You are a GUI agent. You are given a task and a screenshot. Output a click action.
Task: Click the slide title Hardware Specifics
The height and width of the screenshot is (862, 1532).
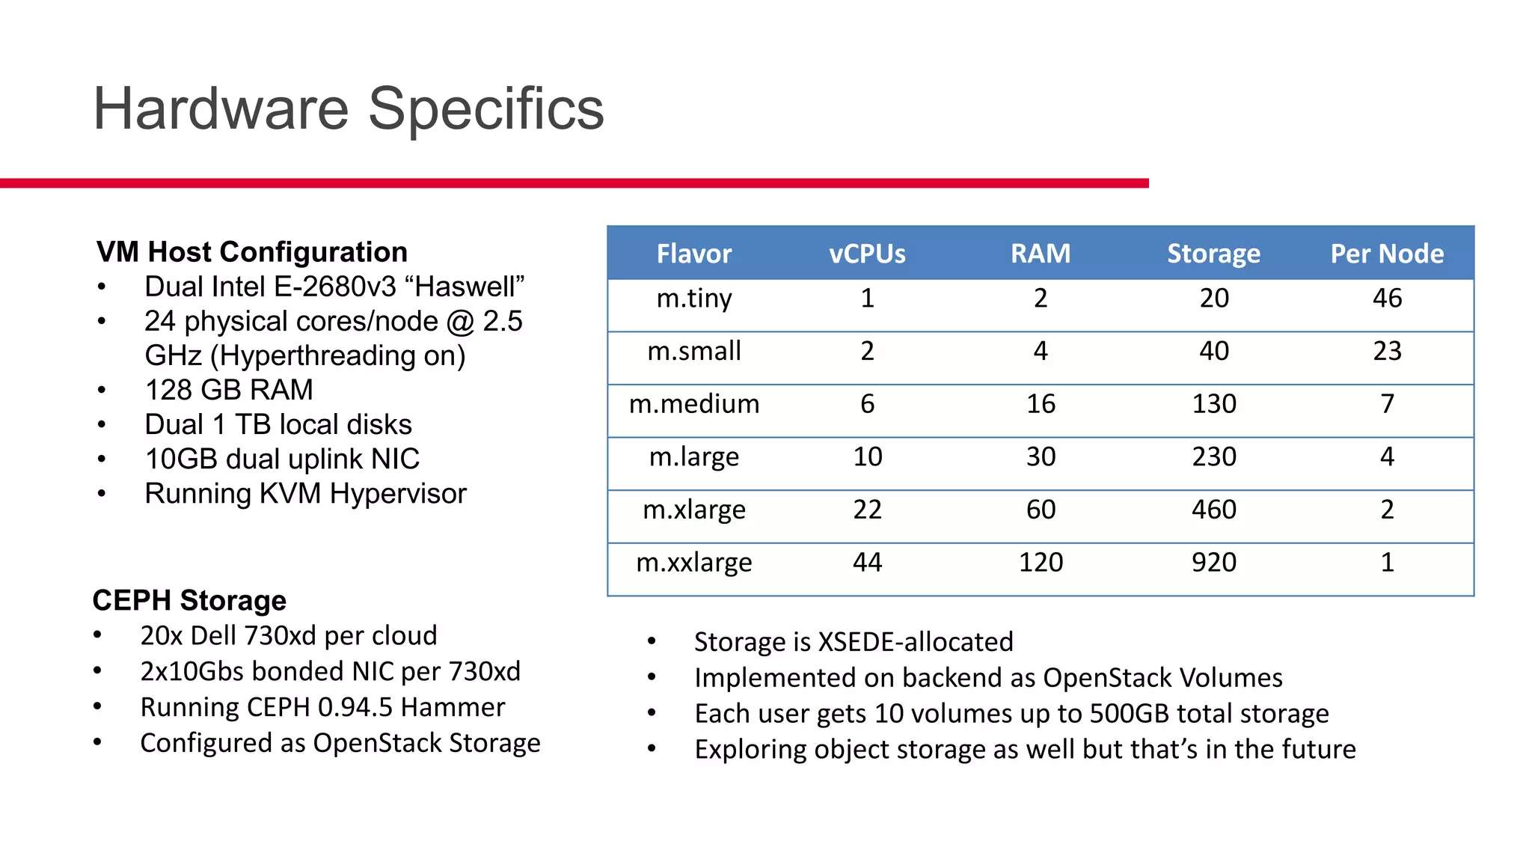point(348,109)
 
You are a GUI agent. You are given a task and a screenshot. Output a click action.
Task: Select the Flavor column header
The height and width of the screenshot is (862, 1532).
point(693,254)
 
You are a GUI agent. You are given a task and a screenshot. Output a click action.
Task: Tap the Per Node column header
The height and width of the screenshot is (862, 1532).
point(1386,254)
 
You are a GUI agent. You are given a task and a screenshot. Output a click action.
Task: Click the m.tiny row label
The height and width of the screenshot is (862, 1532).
point(693,299)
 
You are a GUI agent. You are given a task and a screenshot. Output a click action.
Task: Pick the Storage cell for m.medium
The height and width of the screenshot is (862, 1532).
point(1213,404)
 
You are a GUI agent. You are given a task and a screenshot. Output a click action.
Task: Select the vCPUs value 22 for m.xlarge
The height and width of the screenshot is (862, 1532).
point(867,510)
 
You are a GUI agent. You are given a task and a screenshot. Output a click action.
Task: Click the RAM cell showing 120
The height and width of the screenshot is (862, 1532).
point(1040,562)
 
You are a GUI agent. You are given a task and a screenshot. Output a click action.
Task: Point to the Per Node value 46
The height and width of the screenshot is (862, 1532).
point(1386,299)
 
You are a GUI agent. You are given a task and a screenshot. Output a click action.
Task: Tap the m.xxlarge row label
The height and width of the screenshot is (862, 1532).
point(693,562)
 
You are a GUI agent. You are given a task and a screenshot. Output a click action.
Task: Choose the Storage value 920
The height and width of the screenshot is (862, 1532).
point(1213,562)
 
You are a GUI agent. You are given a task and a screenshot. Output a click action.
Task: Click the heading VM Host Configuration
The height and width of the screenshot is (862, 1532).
point(252,252)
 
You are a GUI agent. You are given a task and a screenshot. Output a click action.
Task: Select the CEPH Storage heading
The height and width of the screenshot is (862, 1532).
point(189,601)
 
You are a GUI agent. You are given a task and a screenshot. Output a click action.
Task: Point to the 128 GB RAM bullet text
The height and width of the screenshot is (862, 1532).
point(229,390)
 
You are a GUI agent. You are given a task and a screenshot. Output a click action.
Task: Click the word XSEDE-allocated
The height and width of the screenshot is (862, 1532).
point(916,642)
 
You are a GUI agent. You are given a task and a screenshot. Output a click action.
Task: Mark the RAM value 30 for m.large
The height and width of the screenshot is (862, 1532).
point(1040,456)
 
